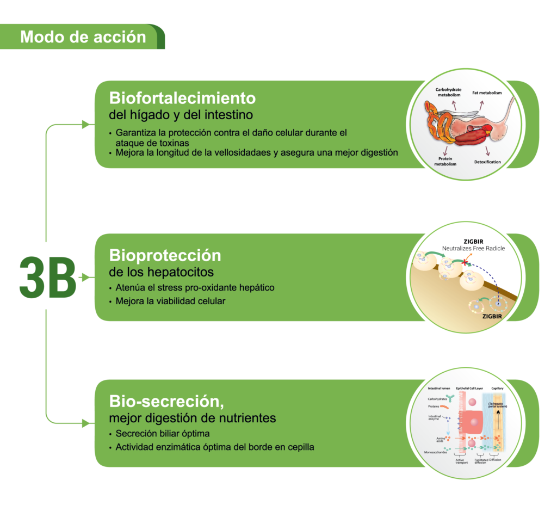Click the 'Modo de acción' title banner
coord(83,37)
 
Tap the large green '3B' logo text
coord(47,278)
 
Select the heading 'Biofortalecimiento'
coord(182,98)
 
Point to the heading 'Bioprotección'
coord(165,255)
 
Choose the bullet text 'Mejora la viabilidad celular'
coord(170,300)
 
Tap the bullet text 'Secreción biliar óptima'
coord(163,434)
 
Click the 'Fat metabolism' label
coord(486,93)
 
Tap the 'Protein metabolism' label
coord(444,161)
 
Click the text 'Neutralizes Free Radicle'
coord(473,248)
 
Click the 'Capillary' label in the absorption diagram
coord(497,389)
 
